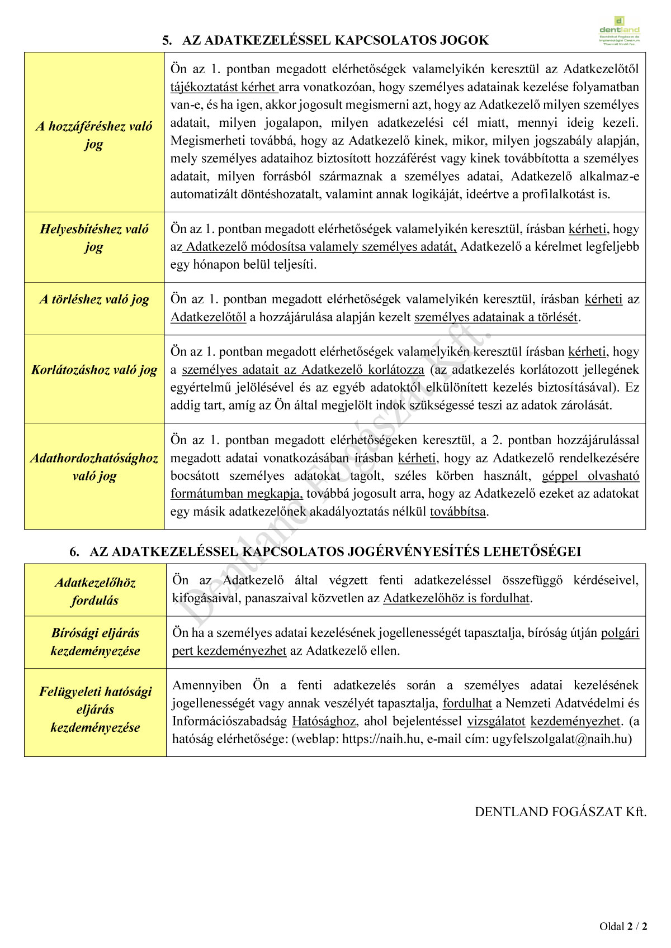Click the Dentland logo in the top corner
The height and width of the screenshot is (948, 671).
[x=619, y=31]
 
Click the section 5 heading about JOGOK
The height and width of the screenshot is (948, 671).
[x=325, y=40]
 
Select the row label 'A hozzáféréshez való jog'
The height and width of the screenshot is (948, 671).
[x=94, y=135]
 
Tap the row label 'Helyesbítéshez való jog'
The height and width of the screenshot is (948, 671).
[x=94, y=237]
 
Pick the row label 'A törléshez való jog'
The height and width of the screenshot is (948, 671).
[x=94, y=299]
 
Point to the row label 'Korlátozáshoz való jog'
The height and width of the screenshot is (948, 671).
[x=94, y=370]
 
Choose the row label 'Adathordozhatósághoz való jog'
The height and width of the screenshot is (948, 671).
[x=94, y=467]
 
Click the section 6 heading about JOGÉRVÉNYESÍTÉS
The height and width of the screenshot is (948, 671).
[x=325, y=551]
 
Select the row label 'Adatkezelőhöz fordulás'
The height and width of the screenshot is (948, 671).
[x=95, y=591]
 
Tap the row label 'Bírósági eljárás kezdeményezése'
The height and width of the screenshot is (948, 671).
[x=95, y=641]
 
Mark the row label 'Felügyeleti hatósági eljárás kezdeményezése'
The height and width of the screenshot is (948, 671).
[x=95, y=709]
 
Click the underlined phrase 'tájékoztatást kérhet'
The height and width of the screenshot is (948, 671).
[x=224, y=87]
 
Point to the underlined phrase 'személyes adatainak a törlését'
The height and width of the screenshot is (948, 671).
[x=495, y=317]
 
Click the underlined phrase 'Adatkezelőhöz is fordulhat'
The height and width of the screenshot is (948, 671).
[x=456, y=598]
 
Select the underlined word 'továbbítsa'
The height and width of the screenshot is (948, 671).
[x=457, y=512]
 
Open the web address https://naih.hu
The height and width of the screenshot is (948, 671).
[x=381, y=739]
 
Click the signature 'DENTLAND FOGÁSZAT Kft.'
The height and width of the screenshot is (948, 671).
[x=560, y=812]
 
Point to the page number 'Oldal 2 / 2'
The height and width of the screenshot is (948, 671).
[x=623, y=926]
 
